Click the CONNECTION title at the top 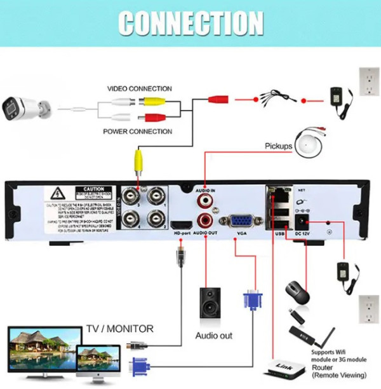tap(190, 23)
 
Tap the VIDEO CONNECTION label tap(139, 89)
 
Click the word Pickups tap(278, 146)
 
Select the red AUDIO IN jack tap(205, 201)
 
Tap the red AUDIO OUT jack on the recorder tap(205, 221)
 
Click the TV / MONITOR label tap(120, 329)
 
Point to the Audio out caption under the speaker tap(213, 335)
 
